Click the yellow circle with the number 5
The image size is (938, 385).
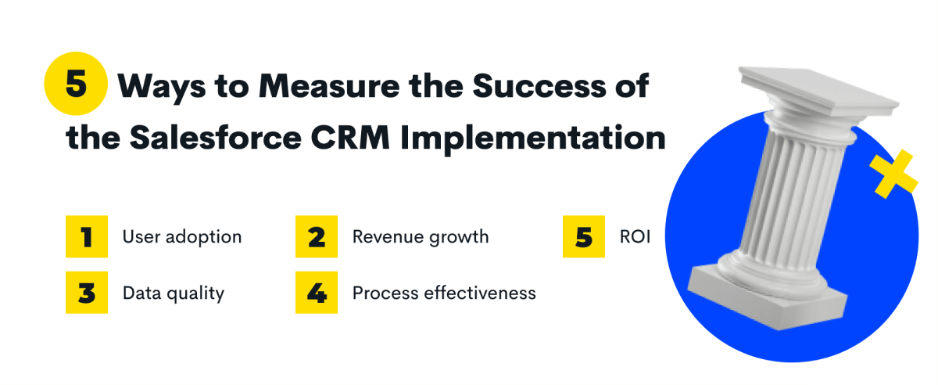(76, 84)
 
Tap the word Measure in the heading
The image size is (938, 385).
(329, 86)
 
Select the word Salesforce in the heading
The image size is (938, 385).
(216, 137)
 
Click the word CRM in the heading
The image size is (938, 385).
(350, 138)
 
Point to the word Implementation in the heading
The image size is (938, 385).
(533, 139)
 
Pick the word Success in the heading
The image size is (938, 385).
(539, 86)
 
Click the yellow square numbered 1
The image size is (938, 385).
(87, 236)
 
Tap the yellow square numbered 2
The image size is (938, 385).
(317, 236)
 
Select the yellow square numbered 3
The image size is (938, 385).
(87, 293)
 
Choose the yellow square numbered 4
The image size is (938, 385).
(317, 293)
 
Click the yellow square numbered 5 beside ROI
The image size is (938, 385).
(584, 236)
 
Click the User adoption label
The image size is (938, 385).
(182, 237)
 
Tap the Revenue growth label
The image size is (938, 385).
(421, 237)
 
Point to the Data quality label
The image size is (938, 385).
(174, 293)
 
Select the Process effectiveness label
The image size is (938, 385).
(444, 293)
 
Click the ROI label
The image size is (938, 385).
(635, 237)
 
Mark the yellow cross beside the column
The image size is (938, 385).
(893, 174)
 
